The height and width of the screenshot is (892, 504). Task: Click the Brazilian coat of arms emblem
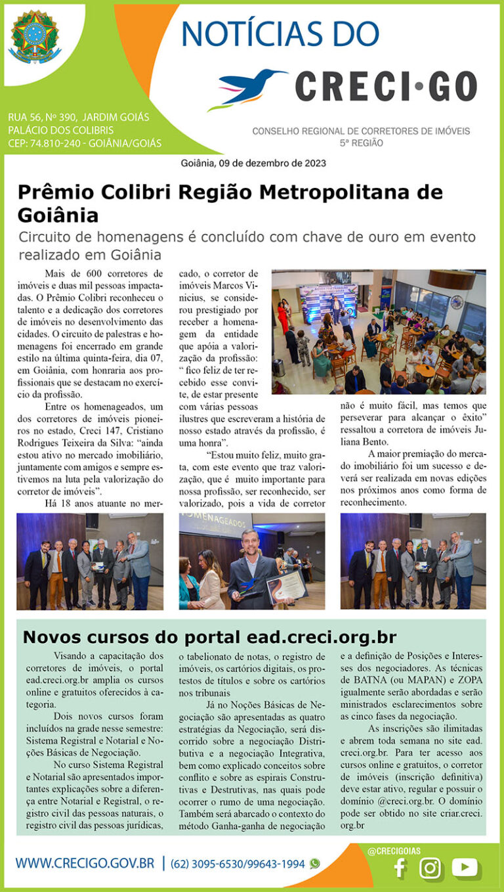point(35,37)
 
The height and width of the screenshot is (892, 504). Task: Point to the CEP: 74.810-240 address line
point(85,143)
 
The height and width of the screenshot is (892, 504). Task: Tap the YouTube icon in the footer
point(465,868)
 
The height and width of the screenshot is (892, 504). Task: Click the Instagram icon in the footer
point(430,868)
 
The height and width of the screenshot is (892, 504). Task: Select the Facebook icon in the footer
point(398,868)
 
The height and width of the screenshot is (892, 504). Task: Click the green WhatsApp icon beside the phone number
point(315,864)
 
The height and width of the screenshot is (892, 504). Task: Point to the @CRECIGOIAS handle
point(395,851)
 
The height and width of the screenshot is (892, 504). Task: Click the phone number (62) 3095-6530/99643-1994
point(238,864)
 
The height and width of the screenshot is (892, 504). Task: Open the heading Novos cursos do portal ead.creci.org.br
point(209,637)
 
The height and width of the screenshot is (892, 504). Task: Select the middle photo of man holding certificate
point(252,562)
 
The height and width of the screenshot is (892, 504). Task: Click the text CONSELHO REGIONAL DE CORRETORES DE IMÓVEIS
point(361,131)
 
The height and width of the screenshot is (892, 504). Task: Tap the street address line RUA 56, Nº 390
point(79,118)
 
